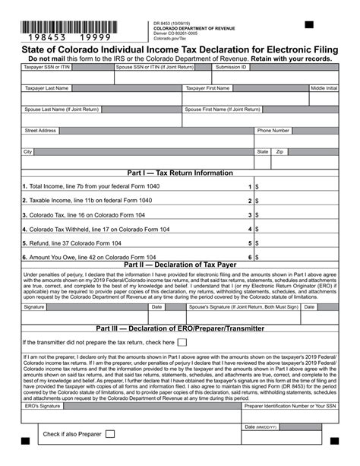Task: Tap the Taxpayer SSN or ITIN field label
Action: pos(46,67)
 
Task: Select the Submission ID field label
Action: pos(232,67)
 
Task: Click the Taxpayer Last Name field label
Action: pos(47,88)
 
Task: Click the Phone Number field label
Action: pos(273,131)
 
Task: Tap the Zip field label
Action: pos(279,152)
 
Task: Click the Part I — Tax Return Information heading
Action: pos(180,173)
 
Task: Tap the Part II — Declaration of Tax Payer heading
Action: pos(180,265)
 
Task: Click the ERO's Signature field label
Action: pos(42,407)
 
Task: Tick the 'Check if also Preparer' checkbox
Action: pos(110,434)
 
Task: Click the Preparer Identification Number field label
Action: pos(289,407)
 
